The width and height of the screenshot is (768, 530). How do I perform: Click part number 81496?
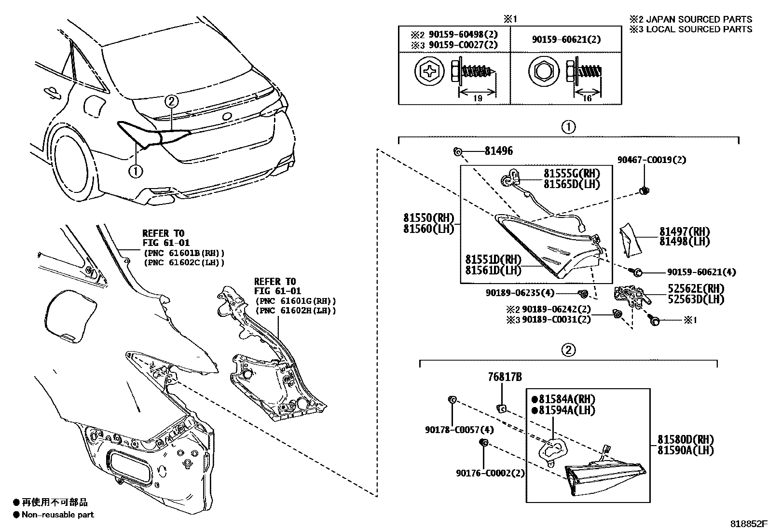[498, 151]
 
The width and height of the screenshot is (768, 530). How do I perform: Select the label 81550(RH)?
[428, 218]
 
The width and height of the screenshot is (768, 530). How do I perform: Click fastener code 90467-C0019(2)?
[652, 160]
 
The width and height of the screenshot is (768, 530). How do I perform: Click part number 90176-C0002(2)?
[490, 473]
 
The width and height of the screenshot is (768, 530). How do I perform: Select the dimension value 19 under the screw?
[477, 98]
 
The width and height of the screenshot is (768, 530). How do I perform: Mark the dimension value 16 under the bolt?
[587, 98]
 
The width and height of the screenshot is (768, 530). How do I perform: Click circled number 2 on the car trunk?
[172, 101]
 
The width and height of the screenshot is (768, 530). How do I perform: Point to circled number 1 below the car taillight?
[136, 170]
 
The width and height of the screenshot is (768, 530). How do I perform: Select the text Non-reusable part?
[57, 515]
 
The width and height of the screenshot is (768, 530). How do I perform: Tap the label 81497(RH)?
[684, 231]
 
